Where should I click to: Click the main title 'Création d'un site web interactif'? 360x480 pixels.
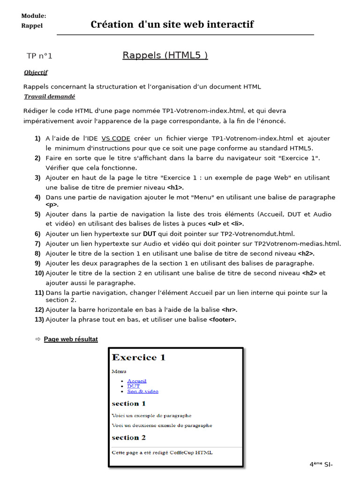tap(172, 24)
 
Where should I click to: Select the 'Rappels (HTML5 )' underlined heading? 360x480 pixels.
tap(165, 55)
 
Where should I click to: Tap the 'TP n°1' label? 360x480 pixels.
tap(39, 56)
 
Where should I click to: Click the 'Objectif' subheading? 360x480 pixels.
tap(36, 72)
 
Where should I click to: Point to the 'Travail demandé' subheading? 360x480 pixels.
tap(49, 97)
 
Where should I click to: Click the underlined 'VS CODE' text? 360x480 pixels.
tap(116, 138)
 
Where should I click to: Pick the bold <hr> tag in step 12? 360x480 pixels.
tap(229, 310)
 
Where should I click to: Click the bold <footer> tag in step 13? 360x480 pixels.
tap(222, 320)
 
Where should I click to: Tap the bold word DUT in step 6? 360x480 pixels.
tap(150, 233)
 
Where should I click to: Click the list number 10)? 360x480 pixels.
tap(39, 273)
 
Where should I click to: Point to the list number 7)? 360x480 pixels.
tap(37, 243)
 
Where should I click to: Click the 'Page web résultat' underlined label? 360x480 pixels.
tap(71, 339)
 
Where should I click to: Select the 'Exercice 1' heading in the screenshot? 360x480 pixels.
tap(138, 358)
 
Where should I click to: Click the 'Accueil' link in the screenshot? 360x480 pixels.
tap(136, 381)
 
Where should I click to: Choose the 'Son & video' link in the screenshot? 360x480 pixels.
tap(142, 391)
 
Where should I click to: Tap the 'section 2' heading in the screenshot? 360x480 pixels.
tap(128, 437)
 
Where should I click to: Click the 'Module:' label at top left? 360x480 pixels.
tap(33, 16)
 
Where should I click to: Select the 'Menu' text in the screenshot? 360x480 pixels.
tap(119, 371)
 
